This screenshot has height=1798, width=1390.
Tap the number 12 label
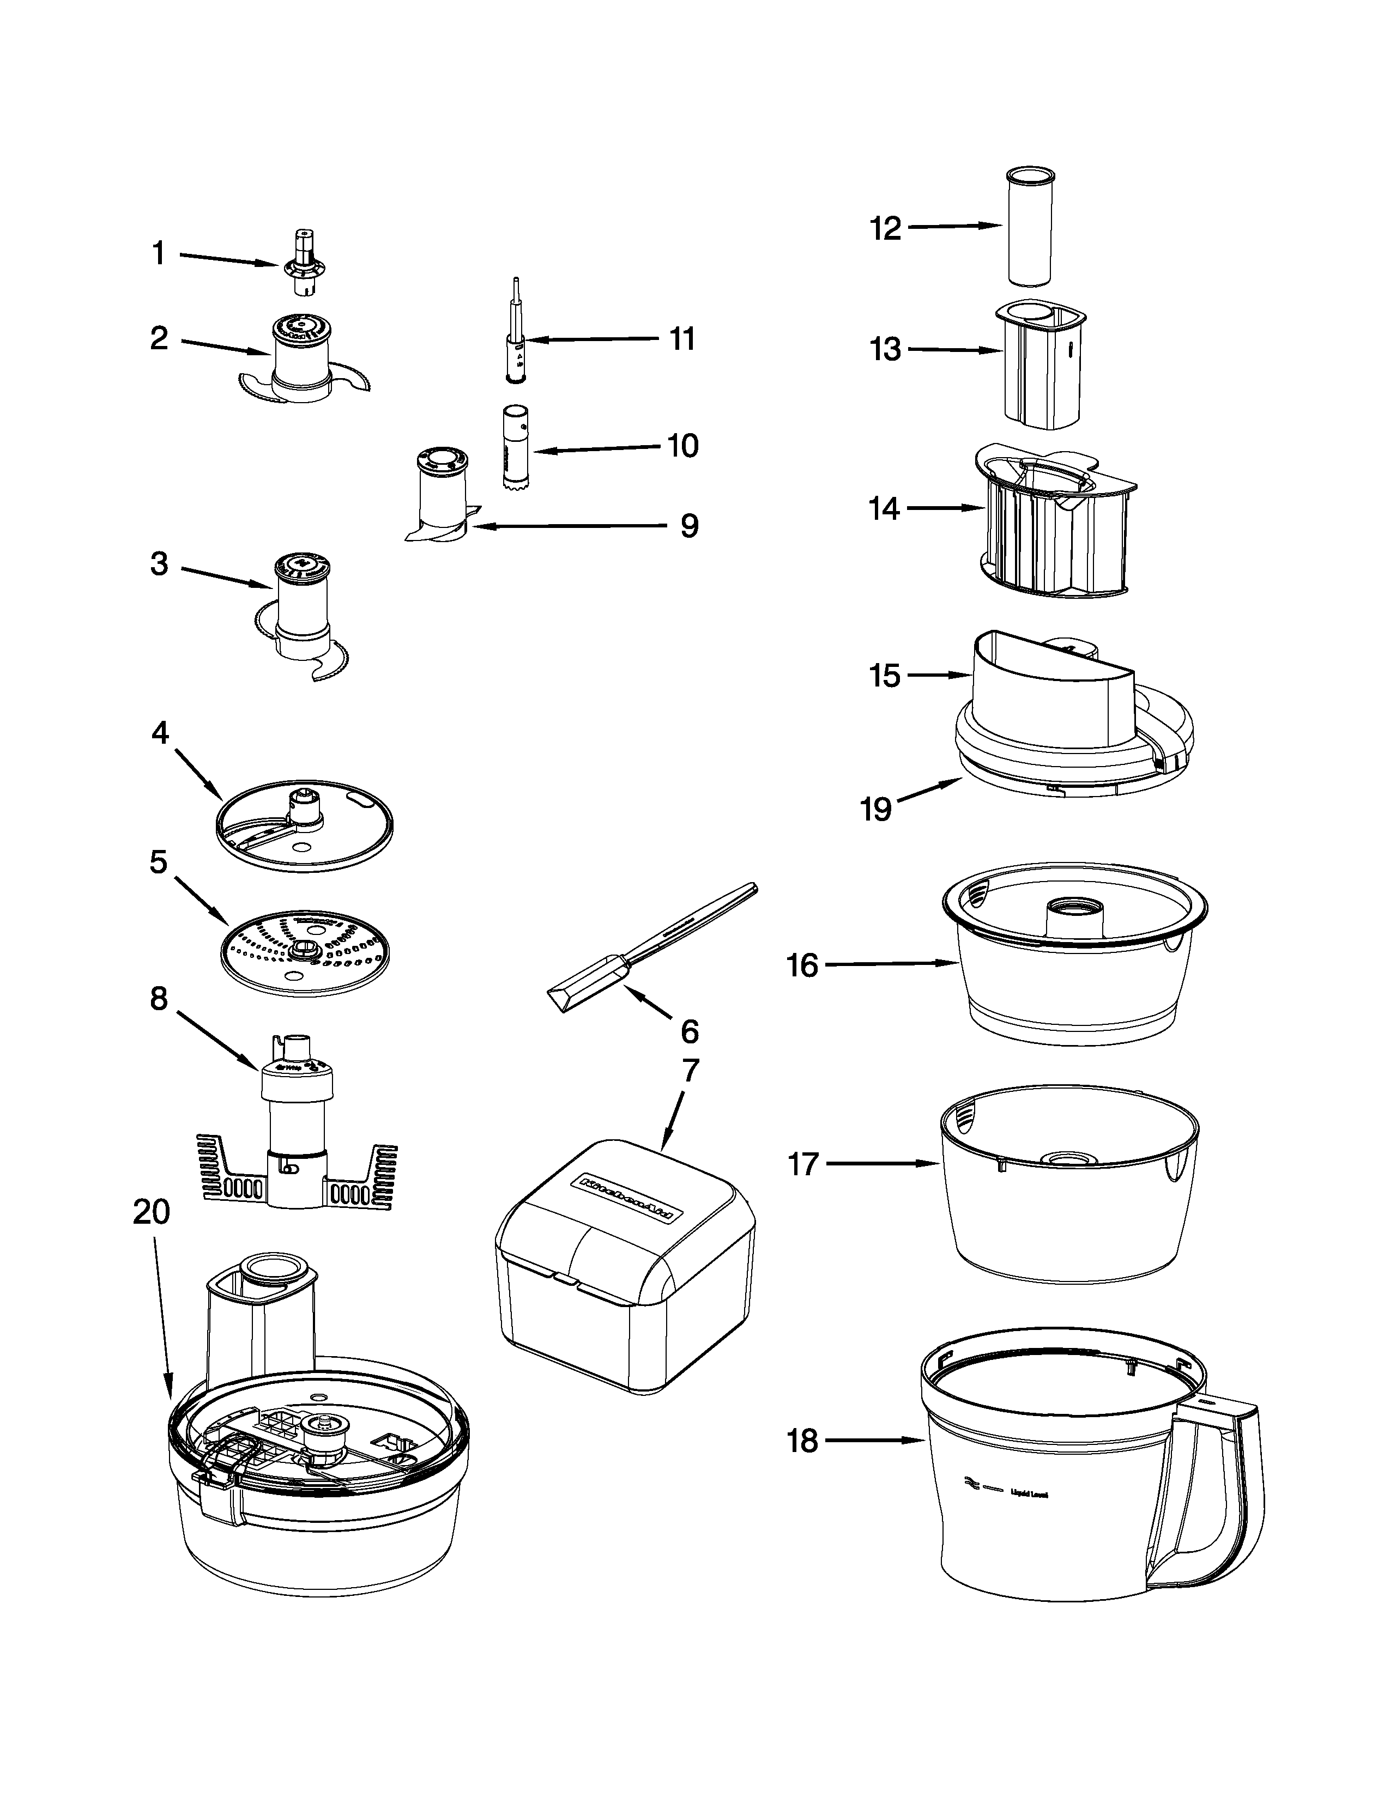(x=886, y=228)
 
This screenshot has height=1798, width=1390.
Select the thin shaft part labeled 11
(x=516, y=338)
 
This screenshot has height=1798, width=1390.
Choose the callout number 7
(x=690, y=1070)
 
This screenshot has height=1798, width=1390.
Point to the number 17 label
(x=803, y=1164)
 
